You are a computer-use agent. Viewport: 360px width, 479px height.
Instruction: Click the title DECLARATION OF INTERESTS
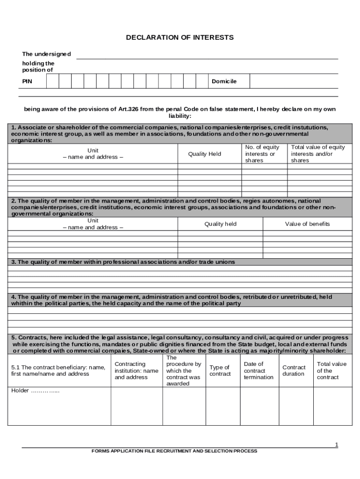(180, 37)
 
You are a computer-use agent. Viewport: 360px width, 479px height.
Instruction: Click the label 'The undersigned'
(46, 54)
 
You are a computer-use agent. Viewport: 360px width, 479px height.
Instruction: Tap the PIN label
(28, 81)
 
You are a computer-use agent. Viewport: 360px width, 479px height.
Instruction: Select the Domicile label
(224, 81)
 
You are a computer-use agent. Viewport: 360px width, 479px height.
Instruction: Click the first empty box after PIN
(52, 81)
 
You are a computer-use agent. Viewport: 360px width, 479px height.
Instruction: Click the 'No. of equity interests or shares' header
(262, 154)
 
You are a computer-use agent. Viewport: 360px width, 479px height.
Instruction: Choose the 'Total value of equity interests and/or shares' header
(318, 154)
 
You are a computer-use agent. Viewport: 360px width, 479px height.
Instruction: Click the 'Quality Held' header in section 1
(204, 154)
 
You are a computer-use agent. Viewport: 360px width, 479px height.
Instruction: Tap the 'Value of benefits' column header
(307, 224)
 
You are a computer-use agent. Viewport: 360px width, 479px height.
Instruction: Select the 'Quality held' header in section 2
(220, 224)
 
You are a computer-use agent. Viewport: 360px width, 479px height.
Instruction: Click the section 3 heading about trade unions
(123, 262)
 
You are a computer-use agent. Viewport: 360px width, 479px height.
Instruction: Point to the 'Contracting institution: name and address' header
(137, 370)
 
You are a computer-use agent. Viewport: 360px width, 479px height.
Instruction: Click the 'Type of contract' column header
(220, 370)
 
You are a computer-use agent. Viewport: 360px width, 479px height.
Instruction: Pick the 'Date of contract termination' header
(259, 370)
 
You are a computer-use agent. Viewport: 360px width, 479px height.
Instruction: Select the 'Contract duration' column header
(294, 370)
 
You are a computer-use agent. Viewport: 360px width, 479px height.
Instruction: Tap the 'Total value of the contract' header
(331, 370)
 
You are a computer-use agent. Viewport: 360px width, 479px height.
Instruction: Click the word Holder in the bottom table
(20, 391)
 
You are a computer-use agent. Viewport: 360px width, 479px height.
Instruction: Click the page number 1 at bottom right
(336, 445)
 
